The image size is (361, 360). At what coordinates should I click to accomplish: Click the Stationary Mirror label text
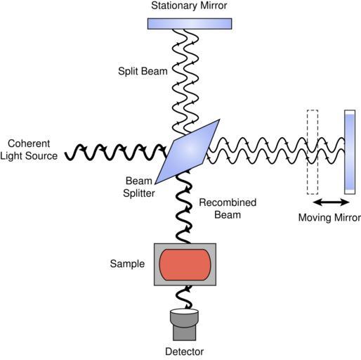click(189, 6)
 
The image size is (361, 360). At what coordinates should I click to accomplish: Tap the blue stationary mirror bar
click(190, 24)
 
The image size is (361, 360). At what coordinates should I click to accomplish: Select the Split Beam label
click(143, 71)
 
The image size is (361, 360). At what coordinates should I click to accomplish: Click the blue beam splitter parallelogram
click(188, 152)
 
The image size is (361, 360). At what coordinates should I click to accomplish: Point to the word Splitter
click(139, 193)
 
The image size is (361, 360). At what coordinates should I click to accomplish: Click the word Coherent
click(29, 143)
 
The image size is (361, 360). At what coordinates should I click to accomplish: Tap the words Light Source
click(29, 156)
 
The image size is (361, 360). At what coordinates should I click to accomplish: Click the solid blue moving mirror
click(350, 152)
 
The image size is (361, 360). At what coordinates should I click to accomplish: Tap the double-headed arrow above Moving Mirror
click(331, 202)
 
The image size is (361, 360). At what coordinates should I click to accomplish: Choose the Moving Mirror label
click(329, 217)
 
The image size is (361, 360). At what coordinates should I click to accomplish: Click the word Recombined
click(228, 202)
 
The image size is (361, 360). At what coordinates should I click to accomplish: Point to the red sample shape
click(185, 265)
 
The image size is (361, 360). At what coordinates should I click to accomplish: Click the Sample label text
click(127, 264)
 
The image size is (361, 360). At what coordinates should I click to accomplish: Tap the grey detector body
click(185, 327)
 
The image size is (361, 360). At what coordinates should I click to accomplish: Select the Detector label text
click(185, 352)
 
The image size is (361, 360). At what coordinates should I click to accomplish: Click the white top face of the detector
click(185, 311)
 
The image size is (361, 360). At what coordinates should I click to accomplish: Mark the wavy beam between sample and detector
click(185, 297)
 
